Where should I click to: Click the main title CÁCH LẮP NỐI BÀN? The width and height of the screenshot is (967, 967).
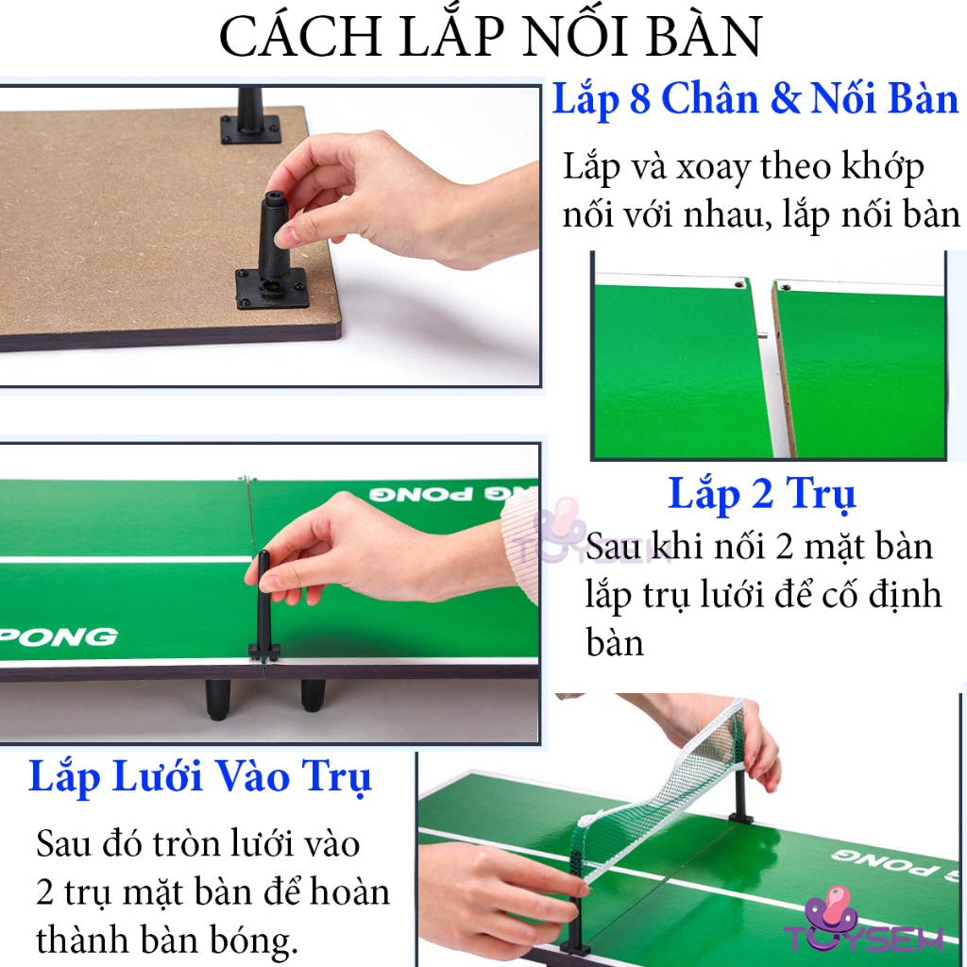tap(490, 38)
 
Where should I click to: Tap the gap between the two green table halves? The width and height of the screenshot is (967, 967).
tap(767, 368)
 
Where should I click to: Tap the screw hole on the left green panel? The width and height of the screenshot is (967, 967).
tap(737, 281)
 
